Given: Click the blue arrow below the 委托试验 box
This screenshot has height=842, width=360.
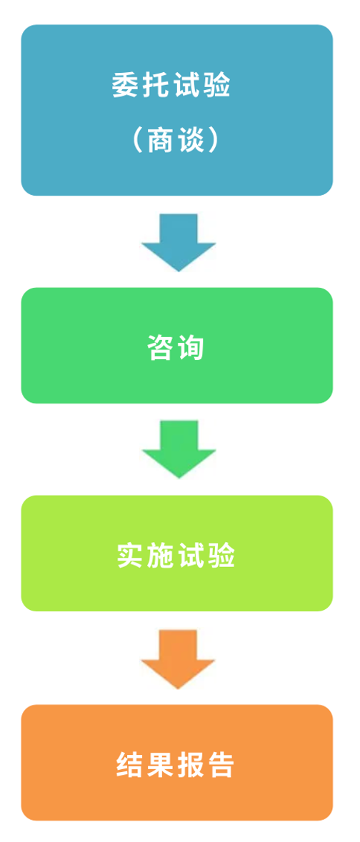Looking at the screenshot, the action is coord(179,242).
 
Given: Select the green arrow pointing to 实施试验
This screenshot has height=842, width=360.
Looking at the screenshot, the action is coord(179,449).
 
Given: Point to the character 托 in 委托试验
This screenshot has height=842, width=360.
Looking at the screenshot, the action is coord(156,85).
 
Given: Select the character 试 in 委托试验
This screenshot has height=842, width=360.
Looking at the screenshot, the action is coord(186,85).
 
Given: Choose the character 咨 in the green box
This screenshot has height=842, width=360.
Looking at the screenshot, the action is coord(161,348).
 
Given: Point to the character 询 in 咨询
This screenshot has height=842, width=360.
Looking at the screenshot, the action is coord(191,348).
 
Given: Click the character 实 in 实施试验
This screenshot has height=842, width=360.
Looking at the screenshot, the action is coord(131,556).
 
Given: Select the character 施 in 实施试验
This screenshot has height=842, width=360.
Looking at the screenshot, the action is coord(161,556).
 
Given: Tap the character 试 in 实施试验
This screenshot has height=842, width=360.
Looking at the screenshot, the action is coord(192,556).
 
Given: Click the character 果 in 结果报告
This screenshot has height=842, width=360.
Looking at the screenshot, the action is coord(161,764).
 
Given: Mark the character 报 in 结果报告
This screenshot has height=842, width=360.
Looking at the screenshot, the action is coord(191,764).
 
